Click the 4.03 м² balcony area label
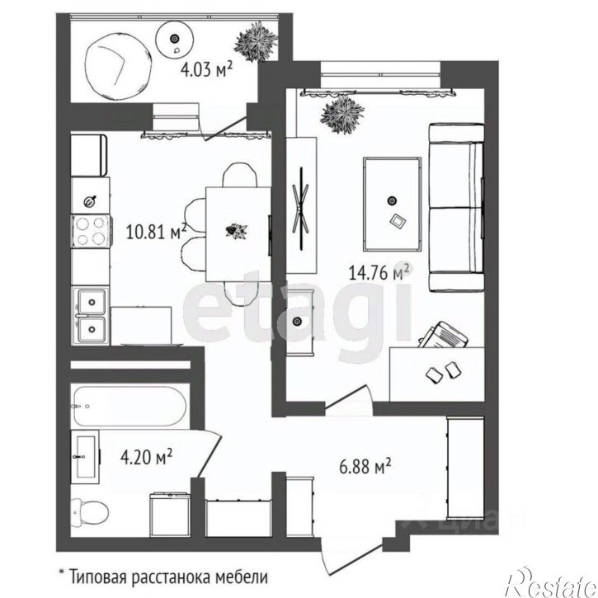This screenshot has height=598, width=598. tap(206, 70)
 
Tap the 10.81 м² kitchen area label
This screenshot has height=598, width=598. tap(156, 231)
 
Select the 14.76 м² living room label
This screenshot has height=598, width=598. tap(380, 272)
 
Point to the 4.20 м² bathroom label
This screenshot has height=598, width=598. tap(147, 456)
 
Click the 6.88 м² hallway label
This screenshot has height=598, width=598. tap(365, 466)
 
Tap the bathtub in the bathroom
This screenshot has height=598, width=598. tap(130, 407)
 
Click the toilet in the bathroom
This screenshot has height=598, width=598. tap(90, 511)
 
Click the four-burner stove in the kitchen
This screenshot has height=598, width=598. tap(91, 231)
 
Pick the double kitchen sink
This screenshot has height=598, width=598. tap(92, 316)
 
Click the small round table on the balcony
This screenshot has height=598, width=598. tap(174, 40)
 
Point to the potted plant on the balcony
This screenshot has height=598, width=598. tap(255, 42)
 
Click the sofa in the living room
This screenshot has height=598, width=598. tap(456, 208)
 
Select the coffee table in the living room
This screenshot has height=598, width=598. tap(393, 204)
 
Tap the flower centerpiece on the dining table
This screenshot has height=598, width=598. tap(237, 231)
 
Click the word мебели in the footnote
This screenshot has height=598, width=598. tap(242, 577)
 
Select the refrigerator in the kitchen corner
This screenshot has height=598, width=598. tap(89, 154)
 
